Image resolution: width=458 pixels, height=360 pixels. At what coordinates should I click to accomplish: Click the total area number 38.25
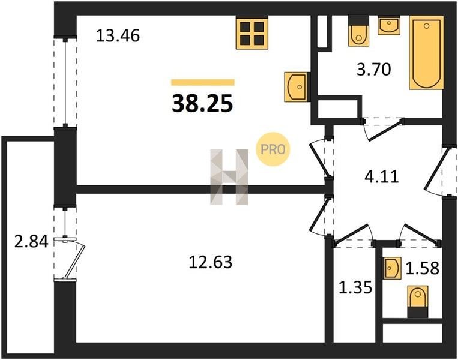pos(202,104)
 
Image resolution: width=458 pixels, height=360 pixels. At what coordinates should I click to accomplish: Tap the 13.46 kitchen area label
pos(118,35)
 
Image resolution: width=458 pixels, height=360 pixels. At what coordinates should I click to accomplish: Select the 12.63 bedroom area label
pos(210,262)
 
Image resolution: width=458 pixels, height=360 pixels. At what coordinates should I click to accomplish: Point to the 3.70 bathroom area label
pos(374,70)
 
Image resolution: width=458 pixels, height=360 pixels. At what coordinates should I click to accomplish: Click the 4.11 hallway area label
pos(382,176)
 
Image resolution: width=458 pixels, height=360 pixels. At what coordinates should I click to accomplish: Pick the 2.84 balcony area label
pos(31,242)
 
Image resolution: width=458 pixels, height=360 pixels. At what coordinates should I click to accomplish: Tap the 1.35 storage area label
pos(355,287)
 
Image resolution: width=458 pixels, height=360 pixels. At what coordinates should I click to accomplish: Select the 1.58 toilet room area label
pos(423,268)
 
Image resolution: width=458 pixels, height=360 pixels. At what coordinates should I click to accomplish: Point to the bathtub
pos(426,53)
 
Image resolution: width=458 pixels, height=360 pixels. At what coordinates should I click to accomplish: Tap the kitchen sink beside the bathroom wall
pos(297,87)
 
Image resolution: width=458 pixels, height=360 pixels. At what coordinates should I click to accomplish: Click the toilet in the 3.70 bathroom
pos(359,31)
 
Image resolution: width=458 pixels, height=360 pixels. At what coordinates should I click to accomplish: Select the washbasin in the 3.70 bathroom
pos(389,25)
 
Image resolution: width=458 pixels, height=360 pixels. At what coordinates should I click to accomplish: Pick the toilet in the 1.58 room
pos(418,302)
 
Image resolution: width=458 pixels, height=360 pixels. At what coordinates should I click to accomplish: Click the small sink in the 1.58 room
pos(392,268)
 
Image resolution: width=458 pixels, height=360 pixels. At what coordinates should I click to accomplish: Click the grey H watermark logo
pos(229,176)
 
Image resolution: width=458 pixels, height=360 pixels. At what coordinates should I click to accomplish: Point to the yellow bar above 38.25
pos(203,82)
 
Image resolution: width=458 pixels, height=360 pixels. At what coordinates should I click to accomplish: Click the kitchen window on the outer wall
pos(65,82)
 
